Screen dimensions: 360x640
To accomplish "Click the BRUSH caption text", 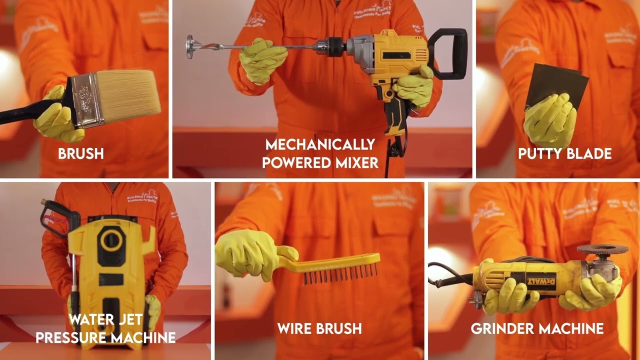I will pyautogui.click(x=81, y=153).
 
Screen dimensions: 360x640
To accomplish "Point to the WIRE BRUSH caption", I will pyautogui.click(x=319, y=328).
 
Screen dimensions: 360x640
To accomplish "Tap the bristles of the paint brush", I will pyautogui.click(x=132, y=93).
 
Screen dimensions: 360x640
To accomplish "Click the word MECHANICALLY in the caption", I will pyautogui.click(x=320, y=145).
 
